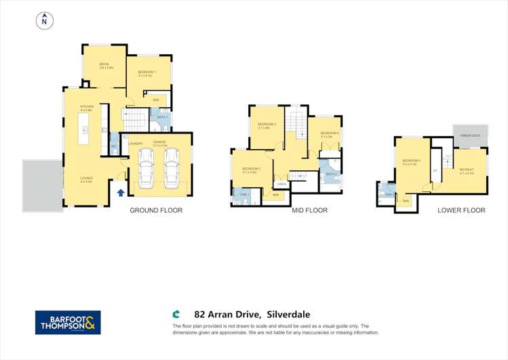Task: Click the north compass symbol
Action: (44, 21)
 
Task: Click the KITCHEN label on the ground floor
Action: (87, 106)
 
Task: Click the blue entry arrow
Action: (121, 193)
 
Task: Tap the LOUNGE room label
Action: (87, 178)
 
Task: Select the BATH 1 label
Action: (162, 117)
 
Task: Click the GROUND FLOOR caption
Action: (156, 211)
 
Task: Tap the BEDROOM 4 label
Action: (329, 133)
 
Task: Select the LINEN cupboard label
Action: (281, 184)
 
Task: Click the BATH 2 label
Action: (331, 174)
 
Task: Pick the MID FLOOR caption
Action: (309, 211)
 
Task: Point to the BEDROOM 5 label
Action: (412, 161)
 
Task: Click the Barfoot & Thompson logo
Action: (68, 322)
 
